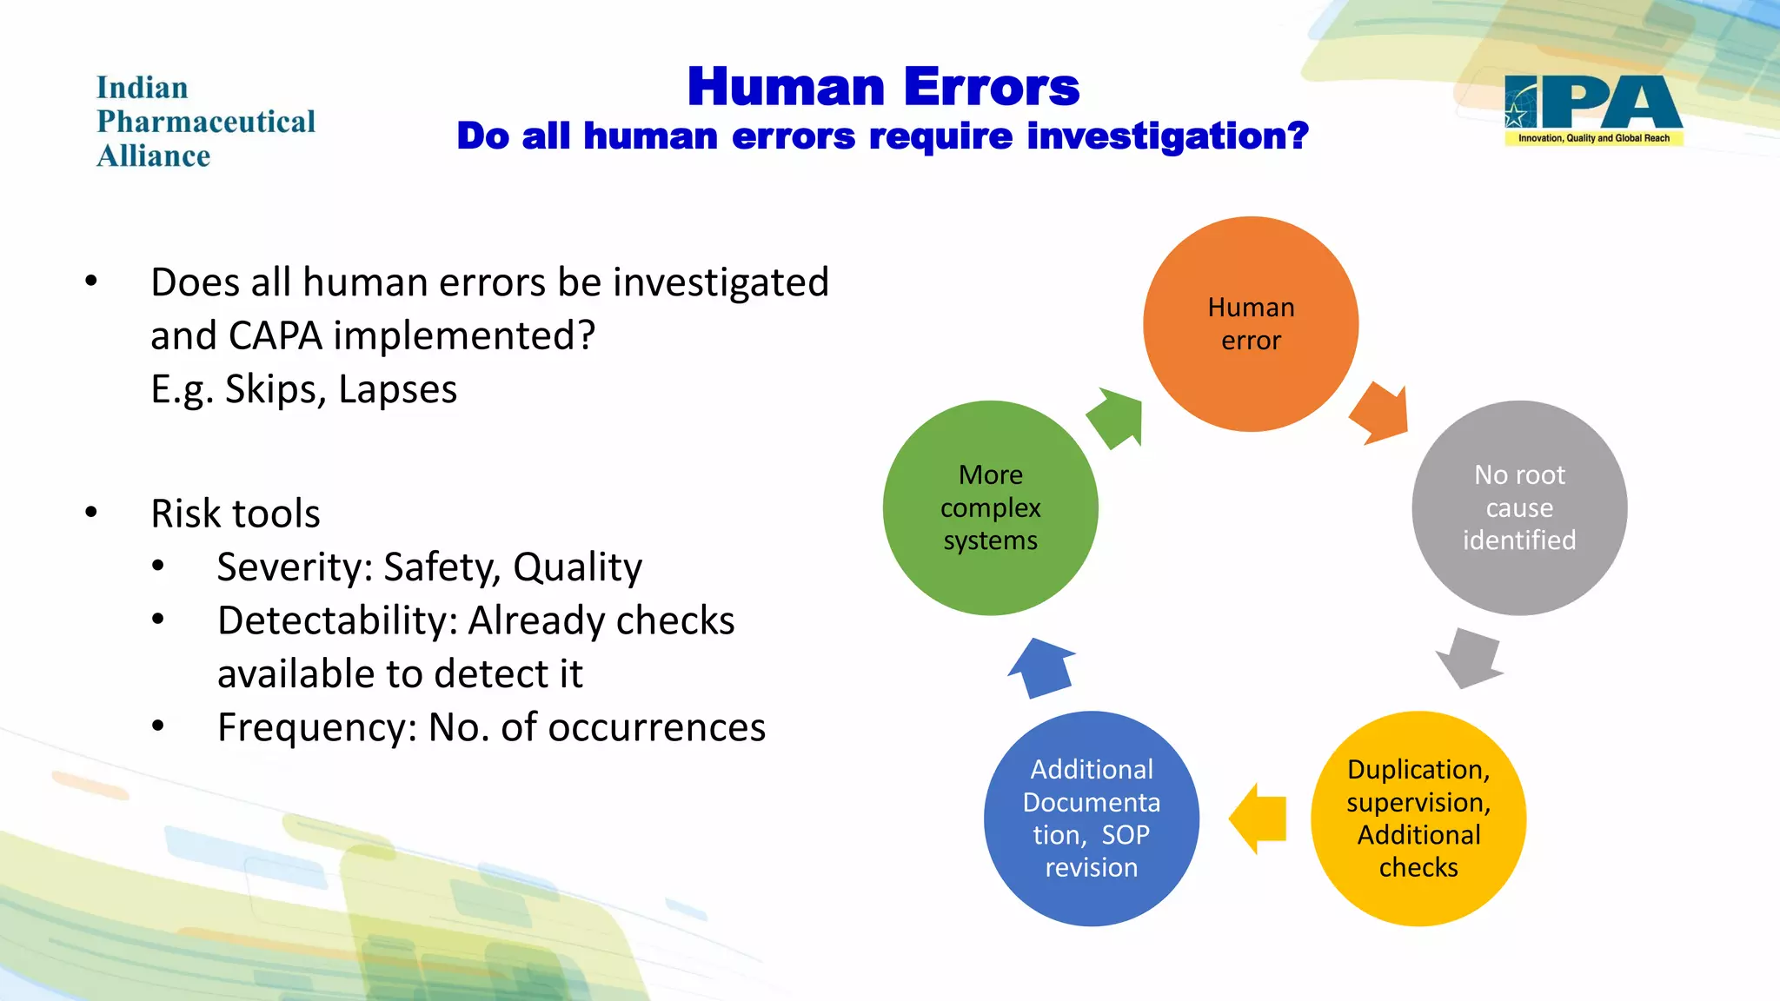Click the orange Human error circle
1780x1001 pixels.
(1250, 323)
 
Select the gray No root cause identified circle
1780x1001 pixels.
(1518, 507)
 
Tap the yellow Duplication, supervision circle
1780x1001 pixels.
(1418, 818)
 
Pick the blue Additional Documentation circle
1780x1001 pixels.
(1091, 818)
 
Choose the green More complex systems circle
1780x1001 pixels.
(990, 507)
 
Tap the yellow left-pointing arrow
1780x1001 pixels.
(1259, 819)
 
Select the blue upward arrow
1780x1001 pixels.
(1042, 667)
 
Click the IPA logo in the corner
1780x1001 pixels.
(1593, 109)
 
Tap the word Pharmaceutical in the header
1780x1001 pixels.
(206, 122)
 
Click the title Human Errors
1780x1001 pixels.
(883, 87)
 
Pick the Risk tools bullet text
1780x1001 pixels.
(236, 514)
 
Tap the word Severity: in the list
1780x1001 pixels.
(295, 567)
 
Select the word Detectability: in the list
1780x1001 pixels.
(337, 621)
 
